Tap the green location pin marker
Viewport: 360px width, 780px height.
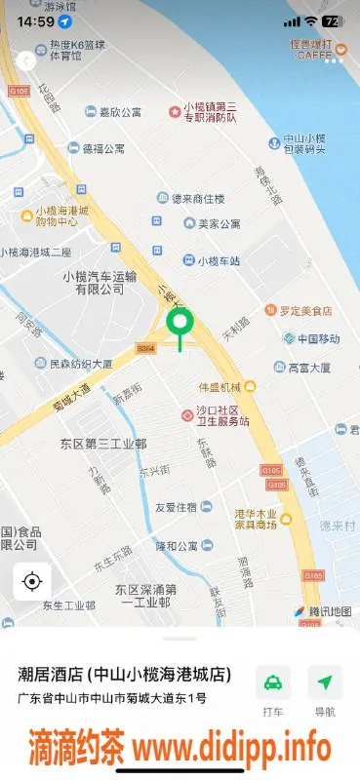pyautogui.click(x=179, y=325)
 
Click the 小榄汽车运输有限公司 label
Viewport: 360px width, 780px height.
pyautogui.click(x=94, y=282)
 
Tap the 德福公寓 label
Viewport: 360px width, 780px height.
pyautogui.click(x=102, y=149)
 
